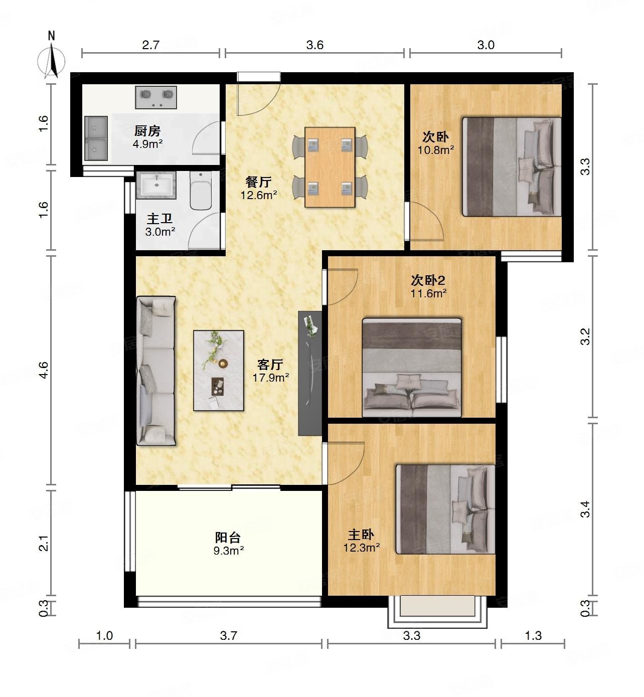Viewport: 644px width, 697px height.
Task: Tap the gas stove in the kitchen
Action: [156, 97]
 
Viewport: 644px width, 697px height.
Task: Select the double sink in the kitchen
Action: [96, 138]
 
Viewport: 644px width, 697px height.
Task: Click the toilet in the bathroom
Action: [201, 192]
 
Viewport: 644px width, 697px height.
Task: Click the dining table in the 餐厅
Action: [330, 167]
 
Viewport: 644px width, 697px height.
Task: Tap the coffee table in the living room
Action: [219, 371]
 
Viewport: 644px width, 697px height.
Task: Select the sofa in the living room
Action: [155, 371]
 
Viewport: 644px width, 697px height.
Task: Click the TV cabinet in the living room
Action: [309, 373]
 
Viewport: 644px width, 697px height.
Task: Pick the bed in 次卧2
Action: [412, 368]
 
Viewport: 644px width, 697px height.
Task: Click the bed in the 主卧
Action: [445, 509]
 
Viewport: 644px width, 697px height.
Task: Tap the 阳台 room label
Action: [228, 538]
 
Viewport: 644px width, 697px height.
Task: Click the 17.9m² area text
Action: [271, 378]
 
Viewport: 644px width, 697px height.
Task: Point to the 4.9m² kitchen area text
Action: [147, 143]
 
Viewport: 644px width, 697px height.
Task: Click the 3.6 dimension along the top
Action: [314, 45]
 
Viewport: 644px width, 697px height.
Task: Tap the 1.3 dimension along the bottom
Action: [533, 636]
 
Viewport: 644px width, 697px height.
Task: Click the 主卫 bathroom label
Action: [159, 219]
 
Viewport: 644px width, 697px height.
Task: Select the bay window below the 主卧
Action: [437, 611]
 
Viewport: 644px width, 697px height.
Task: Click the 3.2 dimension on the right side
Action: [585, 336]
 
